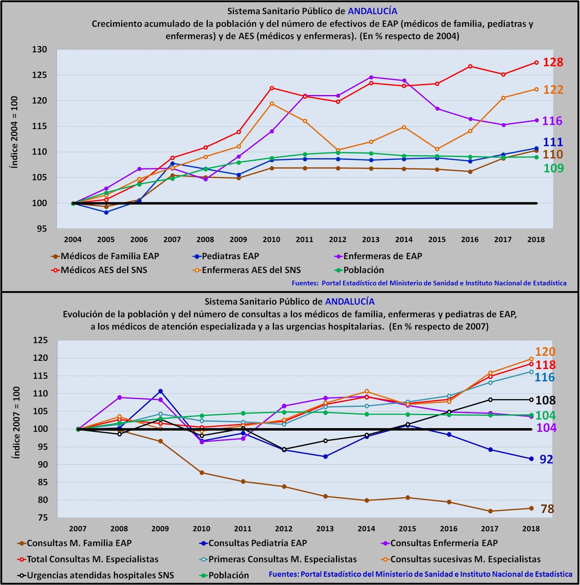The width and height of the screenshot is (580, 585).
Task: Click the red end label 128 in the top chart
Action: (x=553, y=62)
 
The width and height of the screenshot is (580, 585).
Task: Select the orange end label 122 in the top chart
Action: (x=553, y=90)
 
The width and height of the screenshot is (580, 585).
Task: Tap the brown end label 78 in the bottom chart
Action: (x=547, y=509)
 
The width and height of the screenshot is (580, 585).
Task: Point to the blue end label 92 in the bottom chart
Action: (x=546, y=459)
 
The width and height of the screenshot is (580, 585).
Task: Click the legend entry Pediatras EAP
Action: (x=230, y=256)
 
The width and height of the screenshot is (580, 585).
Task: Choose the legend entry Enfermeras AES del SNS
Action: (x=251, y=270)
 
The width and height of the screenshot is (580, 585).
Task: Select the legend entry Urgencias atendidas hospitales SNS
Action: (x=100, y=575)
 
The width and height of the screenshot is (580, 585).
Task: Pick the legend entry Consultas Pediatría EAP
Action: (x=257, y=543)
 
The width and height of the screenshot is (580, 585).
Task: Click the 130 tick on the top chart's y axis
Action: (x=39, y=49)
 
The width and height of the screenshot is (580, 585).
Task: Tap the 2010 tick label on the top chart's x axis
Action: (x=271, y=240)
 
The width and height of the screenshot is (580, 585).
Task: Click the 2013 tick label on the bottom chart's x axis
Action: (x=325, y=529)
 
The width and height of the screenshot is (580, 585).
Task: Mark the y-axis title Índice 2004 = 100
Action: (x=14, y=132)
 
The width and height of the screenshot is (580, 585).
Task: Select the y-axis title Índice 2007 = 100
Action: (x=16, y=422)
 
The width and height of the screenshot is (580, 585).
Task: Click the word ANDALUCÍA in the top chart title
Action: (x=373, y=11)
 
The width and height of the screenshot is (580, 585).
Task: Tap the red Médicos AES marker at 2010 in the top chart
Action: (x=272, y=88)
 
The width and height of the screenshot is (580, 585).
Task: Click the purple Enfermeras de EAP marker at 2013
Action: (x=371, y=77)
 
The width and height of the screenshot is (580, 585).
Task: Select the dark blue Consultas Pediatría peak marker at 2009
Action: (x=160, y=392)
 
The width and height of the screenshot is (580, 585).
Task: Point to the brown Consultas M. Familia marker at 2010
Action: (x=202, y=473)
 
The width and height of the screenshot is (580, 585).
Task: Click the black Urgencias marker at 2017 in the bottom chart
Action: (x=490, y=400)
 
